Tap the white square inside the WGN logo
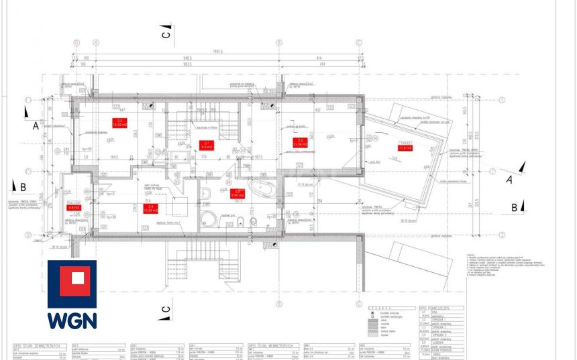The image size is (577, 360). click(72, 280)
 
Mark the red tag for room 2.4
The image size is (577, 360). click(152, 208)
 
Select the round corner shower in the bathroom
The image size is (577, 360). click(209, 219)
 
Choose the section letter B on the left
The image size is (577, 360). click(22, 188)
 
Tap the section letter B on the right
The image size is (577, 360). click(514, 206)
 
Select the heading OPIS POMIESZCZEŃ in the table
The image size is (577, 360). click(435, 307)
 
